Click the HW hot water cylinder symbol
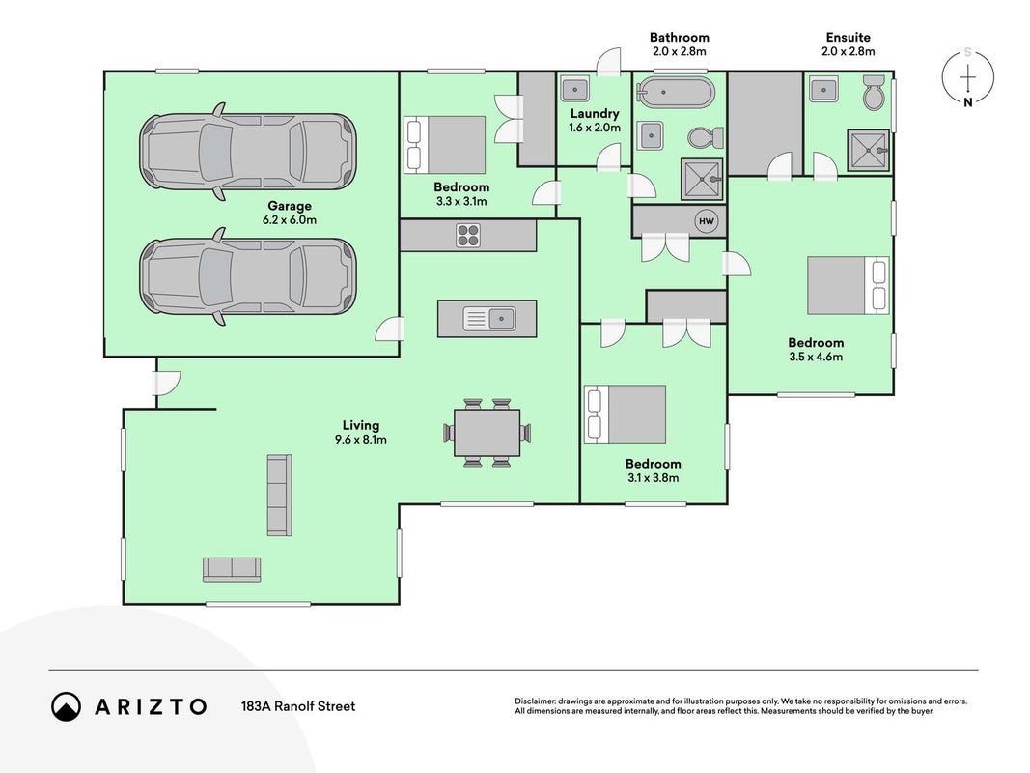pos(707,221)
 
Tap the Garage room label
pos(289,206)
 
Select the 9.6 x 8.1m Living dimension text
pos(361,440)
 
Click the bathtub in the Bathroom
pos(676,93)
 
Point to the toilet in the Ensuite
pos(875,93)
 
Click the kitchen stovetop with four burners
pos(468,236)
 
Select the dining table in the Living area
pos(487,433)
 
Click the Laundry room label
pos(595,114)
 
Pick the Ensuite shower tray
pos(868,150)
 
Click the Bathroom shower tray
pos(702,179)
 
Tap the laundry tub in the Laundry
pos(575,88)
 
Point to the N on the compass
pos(967,102)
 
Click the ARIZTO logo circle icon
pos(66,706)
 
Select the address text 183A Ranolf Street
pos(298,706)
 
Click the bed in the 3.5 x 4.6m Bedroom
pos(849,285)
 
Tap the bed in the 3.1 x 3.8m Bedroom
pos(625,415)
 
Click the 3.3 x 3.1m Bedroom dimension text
pos(461,202)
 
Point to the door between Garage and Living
pos(390,329)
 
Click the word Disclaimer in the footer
pos(536,701)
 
